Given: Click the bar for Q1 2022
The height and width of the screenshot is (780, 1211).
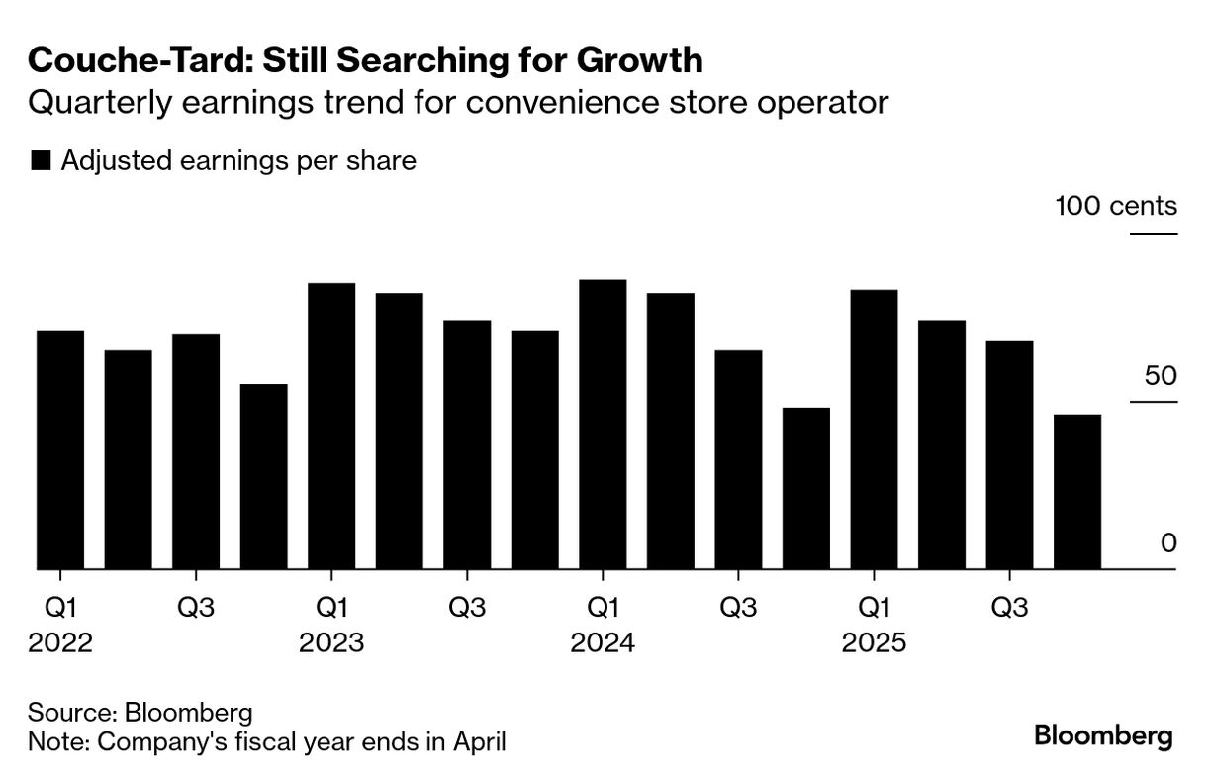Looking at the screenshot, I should click(x=60, y=450).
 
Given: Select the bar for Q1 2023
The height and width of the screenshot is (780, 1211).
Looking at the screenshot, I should click(x=331, y=427).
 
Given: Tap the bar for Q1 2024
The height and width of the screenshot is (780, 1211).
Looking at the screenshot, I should click(x=603, y=425).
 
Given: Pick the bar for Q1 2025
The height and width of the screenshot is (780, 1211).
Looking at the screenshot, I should click(x=874, y=430).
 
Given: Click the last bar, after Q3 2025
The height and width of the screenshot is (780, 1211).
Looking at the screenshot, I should click(x=1077, y=492).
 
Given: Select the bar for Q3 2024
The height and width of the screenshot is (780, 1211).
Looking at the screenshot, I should click(x=738, y=460).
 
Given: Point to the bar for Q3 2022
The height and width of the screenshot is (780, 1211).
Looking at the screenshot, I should click(x=196, y=451).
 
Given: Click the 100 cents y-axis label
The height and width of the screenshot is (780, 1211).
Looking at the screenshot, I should click(x=1116, y=206).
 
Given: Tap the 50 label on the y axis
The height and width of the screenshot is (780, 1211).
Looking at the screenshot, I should click(x=1154, y=377).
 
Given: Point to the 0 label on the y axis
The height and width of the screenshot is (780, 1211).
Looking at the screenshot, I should click(x=1168, y=543).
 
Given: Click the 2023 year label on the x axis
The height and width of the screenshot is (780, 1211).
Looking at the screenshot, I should click(x=331, y=643).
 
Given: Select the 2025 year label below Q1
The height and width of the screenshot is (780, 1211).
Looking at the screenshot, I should click(x=874, y=643).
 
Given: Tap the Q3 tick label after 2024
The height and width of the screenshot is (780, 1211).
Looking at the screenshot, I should click(x=738, y=607).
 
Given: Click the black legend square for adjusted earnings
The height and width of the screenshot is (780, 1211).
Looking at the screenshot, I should click(x=41, y=161).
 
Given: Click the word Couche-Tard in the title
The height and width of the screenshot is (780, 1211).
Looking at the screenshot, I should click(x=125, y=61).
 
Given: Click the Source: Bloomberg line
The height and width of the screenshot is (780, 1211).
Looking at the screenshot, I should click(x=140, y=713).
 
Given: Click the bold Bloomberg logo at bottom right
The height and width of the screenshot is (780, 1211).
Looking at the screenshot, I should click(x=1103, y=736).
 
